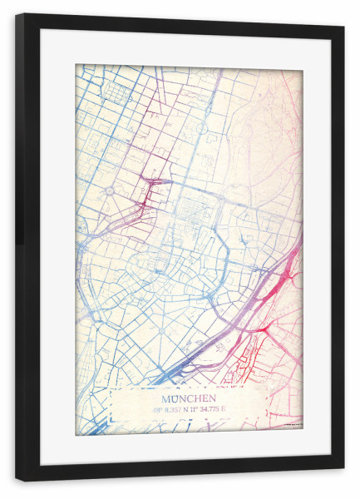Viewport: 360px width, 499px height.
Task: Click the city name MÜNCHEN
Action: pyautogui.click(x=189, y=397)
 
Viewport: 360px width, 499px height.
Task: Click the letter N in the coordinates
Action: pyautogui.click(x=194, y=409)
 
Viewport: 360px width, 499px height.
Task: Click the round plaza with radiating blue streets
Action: pyautogui.click(x=108, y=191)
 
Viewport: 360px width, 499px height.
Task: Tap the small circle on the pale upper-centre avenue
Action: pyautogui.click(x=200, y=129)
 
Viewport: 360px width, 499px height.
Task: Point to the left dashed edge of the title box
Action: pyautogui.click(x=111, y=408)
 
